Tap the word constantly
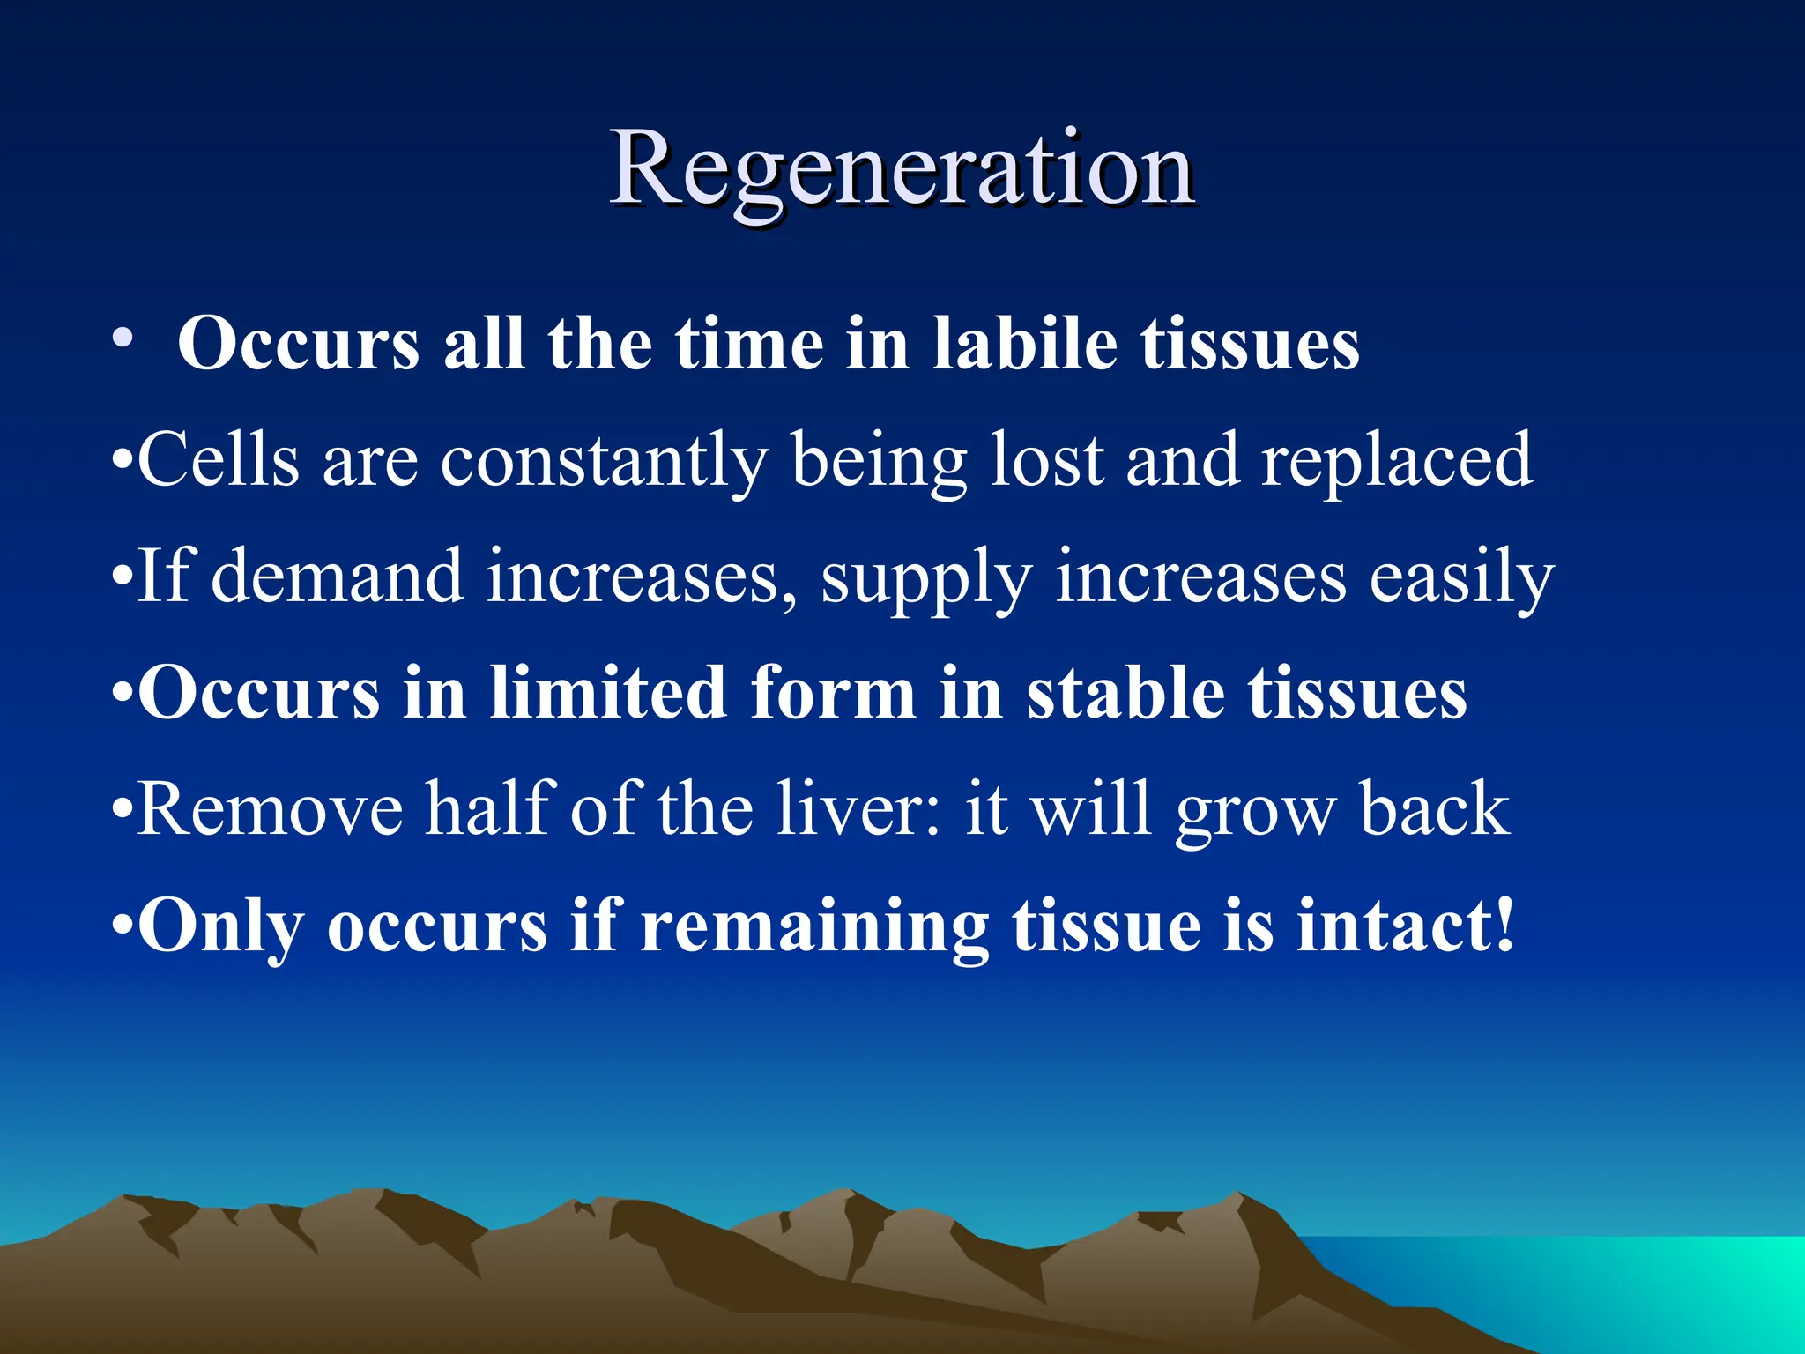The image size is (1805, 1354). pyautogui.click(x=604, y=460)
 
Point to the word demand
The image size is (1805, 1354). pyautogui.click(x=338, y=577)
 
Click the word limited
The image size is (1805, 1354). pyautogui.click(x=608, y=693)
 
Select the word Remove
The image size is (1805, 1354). pyautogui.click(x=271, y=809)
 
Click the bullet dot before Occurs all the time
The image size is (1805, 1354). pyautogui.click(x=123, y=339)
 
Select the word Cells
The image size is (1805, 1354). pyautogui.click(x=219, y=460)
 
